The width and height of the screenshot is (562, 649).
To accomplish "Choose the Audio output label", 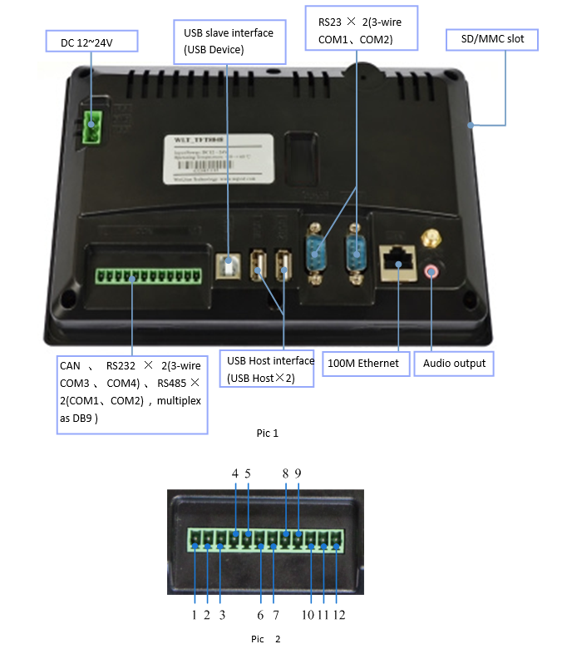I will pyautogui.click(x=454, y=364).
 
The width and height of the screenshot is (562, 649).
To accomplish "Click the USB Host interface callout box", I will pyautogui.click(x=270, y=369).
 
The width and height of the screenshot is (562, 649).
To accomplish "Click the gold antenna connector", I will pyautogui.click(x=431, y=240).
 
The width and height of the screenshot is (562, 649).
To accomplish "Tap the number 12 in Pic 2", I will pyautogui.click(x=338, y=615).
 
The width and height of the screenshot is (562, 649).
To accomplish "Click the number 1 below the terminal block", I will pyautogui.click(x=194, y=615).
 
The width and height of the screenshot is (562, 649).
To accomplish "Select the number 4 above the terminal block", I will pyautogui.click(x=235, y=473).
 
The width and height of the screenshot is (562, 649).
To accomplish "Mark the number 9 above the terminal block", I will pyautogui.click(x=298, y=473).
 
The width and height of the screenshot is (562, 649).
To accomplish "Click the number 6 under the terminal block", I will pyautogui.click(x=260, y=615).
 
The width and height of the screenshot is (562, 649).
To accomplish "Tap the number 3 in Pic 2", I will pyautogui.click(x=222, y=615).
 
